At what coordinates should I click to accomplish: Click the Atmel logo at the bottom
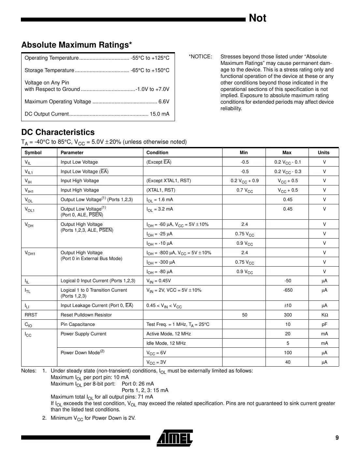[x=175, y=438]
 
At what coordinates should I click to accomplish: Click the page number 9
[x=337, y=438]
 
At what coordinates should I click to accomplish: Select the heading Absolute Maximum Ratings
[x=77, y=45]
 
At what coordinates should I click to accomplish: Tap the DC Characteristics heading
[x=58, y=132]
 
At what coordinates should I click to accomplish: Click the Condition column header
[x=157, y=153]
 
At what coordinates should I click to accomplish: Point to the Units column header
[x=324, y=153]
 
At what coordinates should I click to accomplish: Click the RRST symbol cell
[x=31, y=315]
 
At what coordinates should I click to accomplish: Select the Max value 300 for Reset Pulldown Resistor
[x=288, y=315]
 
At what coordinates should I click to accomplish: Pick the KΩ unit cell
[x=324, y=315]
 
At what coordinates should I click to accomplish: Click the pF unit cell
[x=324, y=324]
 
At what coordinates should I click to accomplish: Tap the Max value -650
[x=288, y=290]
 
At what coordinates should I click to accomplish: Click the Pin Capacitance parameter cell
[x=78, y=324]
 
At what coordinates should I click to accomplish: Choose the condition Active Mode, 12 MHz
[x=169, y=334]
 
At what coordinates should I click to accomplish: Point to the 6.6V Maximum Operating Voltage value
[x=164, y=102]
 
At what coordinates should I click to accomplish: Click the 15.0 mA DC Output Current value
[x=159, y=114]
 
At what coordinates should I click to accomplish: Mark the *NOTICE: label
[x=200, y=57]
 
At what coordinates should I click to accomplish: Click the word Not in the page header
[x=257, y=18]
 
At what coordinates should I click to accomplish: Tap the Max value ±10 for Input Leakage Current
[x=288, y=305]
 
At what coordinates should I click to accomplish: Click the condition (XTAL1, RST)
[x=161, y=190]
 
